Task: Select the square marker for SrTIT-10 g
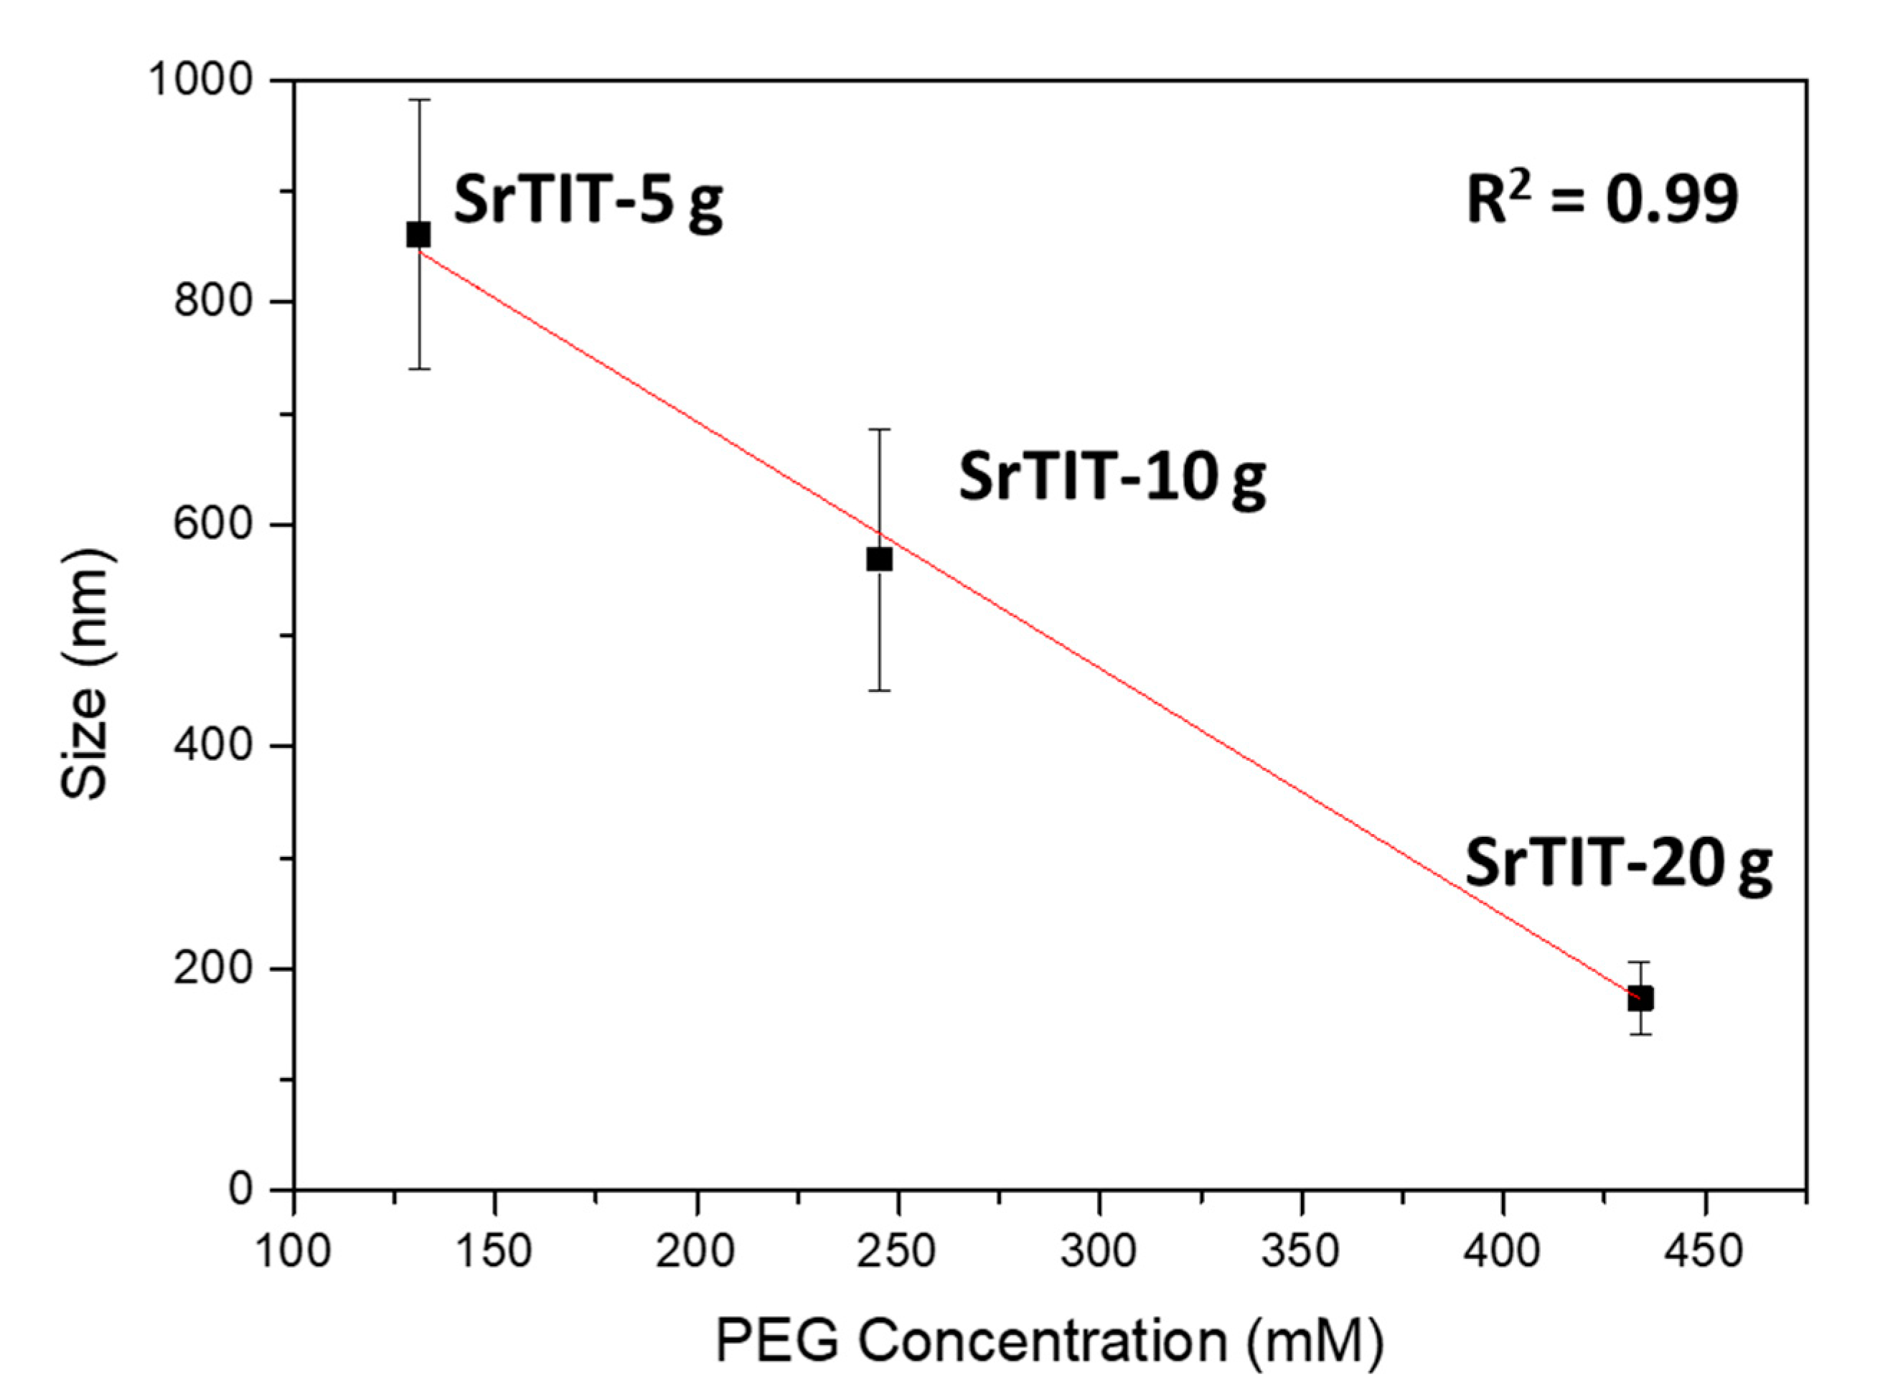click(879, 559)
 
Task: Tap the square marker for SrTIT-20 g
click(1640, 999)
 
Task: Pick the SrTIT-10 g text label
click(1112, 477)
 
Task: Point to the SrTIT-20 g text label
click(1617, 863)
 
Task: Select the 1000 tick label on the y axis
click(201, 80)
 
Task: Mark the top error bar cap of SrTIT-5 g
click(419, 100)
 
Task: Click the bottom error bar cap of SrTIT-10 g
click(879, 690)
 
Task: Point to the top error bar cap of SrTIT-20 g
click(1640, 962)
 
